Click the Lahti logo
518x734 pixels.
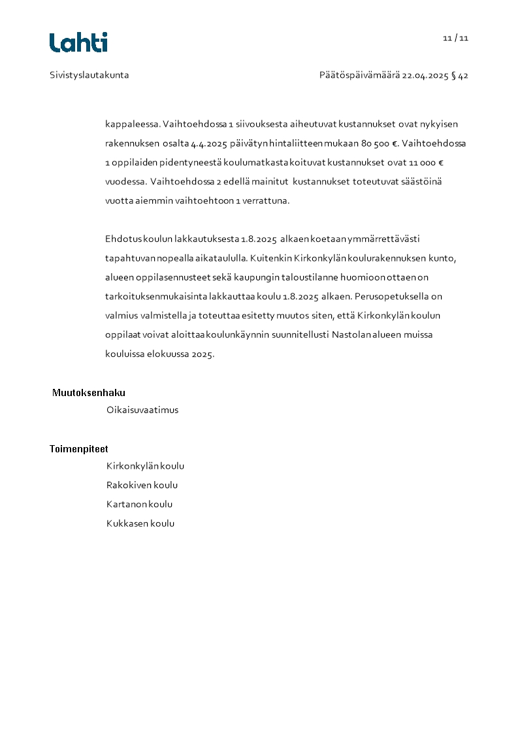click(x=78, y=42)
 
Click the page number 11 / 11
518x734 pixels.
click(x=455, y=38)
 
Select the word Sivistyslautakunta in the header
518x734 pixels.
click(x=89, y=75)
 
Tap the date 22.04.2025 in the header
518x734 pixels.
click(x=425, y=76)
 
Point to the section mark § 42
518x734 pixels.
click(x=460, y=76)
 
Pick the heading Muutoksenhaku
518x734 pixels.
click(x=89, y=393)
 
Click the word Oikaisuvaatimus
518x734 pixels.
click(x=142, y=410)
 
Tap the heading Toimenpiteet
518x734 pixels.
click(x=79, y=449)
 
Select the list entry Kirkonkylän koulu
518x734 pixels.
click(x=146, y=467)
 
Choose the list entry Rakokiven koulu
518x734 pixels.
click(x=142, y=486)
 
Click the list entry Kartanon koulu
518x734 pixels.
click(x=140, y=505)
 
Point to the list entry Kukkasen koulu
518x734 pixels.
click(x=140, y=524)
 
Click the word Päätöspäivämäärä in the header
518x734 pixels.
click(x=359, y=76)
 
